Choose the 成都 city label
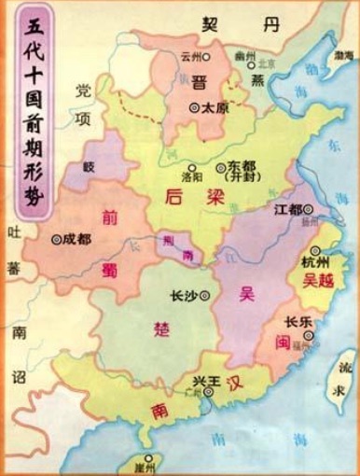(x=78, y=238)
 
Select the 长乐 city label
(x=298, y=323)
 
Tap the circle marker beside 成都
(x=58, y=239)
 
